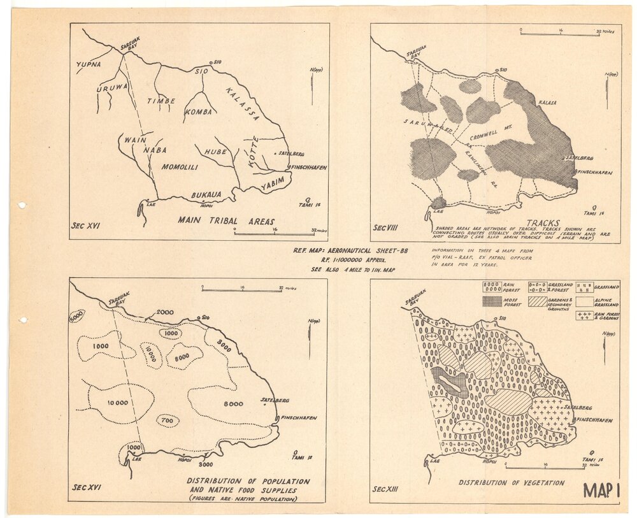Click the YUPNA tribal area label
pos(89,64)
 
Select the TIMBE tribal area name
pos(161,101)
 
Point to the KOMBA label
pos(197,112)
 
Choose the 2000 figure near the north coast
pos(164,312)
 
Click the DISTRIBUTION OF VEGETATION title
pos(512,483)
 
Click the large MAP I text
pos(601,490)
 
